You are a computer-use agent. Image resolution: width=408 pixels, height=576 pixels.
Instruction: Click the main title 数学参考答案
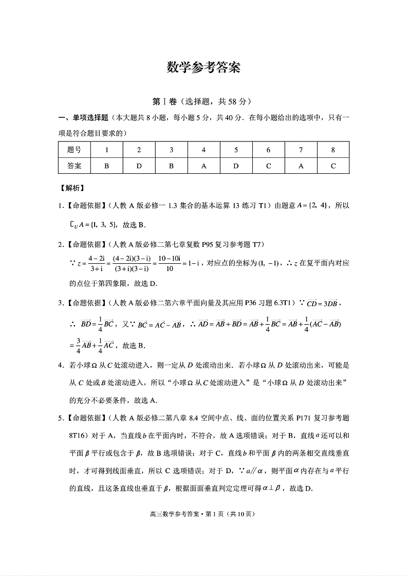(x=204, y=68)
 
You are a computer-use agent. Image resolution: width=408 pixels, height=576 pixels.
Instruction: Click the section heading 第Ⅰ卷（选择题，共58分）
(x=204, y=101)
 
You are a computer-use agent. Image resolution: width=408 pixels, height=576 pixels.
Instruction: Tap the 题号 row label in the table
(x=74, y=150)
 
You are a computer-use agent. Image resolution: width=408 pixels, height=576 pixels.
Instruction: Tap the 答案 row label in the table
(x=74, y=166)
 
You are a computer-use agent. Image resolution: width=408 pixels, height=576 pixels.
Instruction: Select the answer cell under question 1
(x=106, y=166)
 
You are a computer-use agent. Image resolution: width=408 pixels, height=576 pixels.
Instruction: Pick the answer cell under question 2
(x=139, y=166)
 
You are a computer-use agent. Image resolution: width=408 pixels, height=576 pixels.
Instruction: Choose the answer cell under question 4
(x=203, y=166)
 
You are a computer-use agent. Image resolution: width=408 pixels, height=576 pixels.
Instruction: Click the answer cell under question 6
(x=268, y=166)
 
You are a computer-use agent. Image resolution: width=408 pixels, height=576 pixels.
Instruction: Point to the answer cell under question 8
(x=333, y=166)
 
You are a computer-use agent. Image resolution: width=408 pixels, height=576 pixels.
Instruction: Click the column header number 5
(x=236, y=150)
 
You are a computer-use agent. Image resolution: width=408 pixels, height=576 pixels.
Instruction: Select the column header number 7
(x=301, y=150)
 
